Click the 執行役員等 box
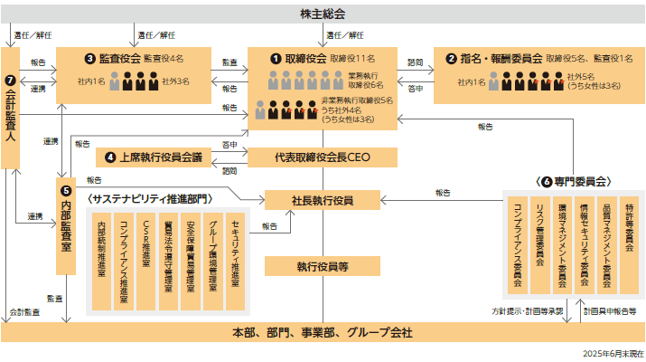tap(323, 266)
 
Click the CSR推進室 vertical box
tap(146, 257)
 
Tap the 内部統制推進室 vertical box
tap(102, 257)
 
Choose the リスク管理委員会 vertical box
tap(539, 244)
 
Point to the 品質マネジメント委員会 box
tap(606, 244)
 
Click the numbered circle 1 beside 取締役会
tap(276, 57)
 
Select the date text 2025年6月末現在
tap(613, 352)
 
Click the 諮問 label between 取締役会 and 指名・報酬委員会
tap(415, 62)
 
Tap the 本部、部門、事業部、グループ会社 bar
tap(323, 333)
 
